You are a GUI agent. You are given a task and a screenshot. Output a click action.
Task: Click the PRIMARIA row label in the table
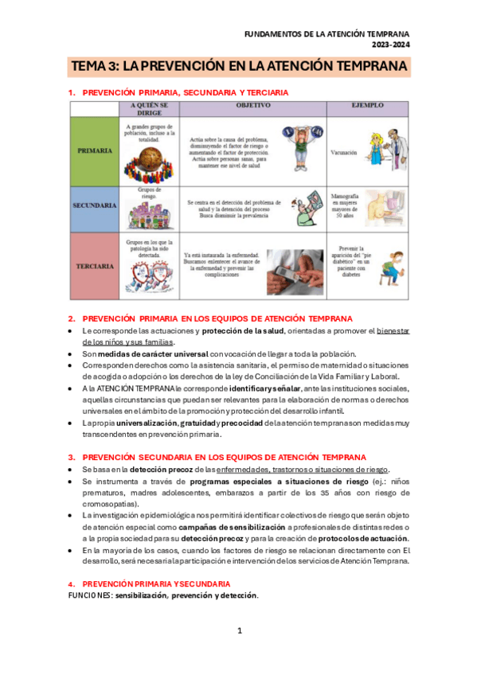tap(94, 150)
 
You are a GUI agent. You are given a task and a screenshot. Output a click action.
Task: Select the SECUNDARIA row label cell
tap(94, 205)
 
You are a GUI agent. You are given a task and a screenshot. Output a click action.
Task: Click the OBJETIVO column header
tap(252, 105)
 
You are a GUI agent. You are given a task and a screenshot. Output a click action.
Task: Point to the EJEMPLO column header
tap(367, 105)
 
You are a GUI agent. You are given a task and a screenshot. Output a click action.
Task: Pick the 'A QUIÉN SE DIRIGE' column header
tap(149, 108)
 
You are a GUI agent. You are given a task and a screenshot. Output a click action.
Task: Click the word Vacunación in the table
tap(343, 152)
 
